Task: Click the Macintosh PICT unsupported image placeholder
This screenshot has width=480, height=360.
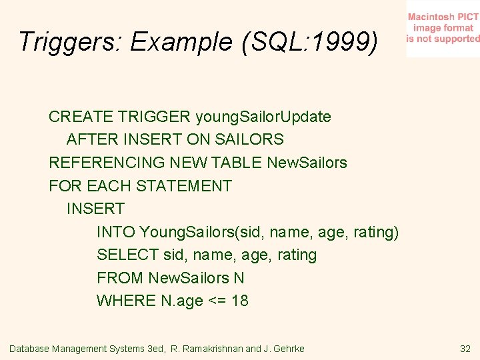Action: pos(443,28)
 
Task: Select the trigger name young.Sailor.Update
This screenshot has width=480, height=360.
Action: pos(263,117)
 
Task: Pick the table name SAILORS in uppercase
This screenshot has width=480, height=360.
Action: pos(251,140)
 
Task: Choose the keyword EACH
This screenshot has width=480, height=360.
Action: pos(107,186)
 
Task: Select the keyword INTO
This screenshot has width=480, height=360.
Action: pos(116,232)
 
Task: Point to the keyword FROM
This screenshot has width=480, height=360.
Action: pos(120,278)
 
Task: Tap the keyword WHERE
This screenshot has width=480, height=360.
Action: pos(127,301)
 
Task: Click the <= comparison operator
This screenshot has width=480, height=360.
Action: pos(217,301)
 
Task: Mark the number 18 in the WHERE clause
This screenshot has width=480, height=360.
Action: pos(240,301)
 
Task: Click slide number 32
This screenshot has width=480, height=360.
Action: pos(465,349)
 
